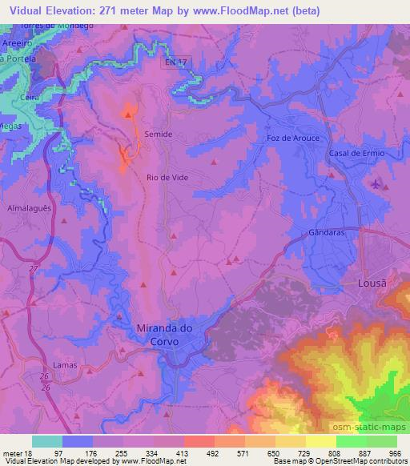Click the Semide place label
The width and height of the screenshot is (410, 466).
click(158, 135)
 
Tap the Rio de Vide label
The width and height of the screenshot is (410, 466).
click(167, 178)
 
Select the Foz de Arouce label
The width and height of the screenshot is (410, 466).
click(292, 139)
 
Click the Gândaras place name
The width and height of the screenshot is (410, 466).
click(327, 233)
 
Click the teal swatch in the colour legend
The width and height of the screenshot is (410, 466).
click(47, 441)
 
